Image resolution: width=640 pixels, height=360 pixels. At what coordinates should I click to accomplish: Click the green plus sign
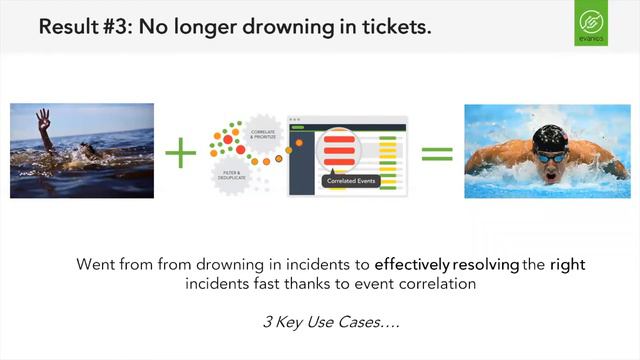[x=181, y=153]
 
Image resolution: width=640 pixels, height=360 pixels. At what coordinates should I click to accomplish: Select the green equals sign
[x=436, y=154]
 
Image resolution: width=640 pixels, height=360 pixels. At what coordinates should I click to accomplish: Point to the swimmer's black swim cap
[x=549, y=138]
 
